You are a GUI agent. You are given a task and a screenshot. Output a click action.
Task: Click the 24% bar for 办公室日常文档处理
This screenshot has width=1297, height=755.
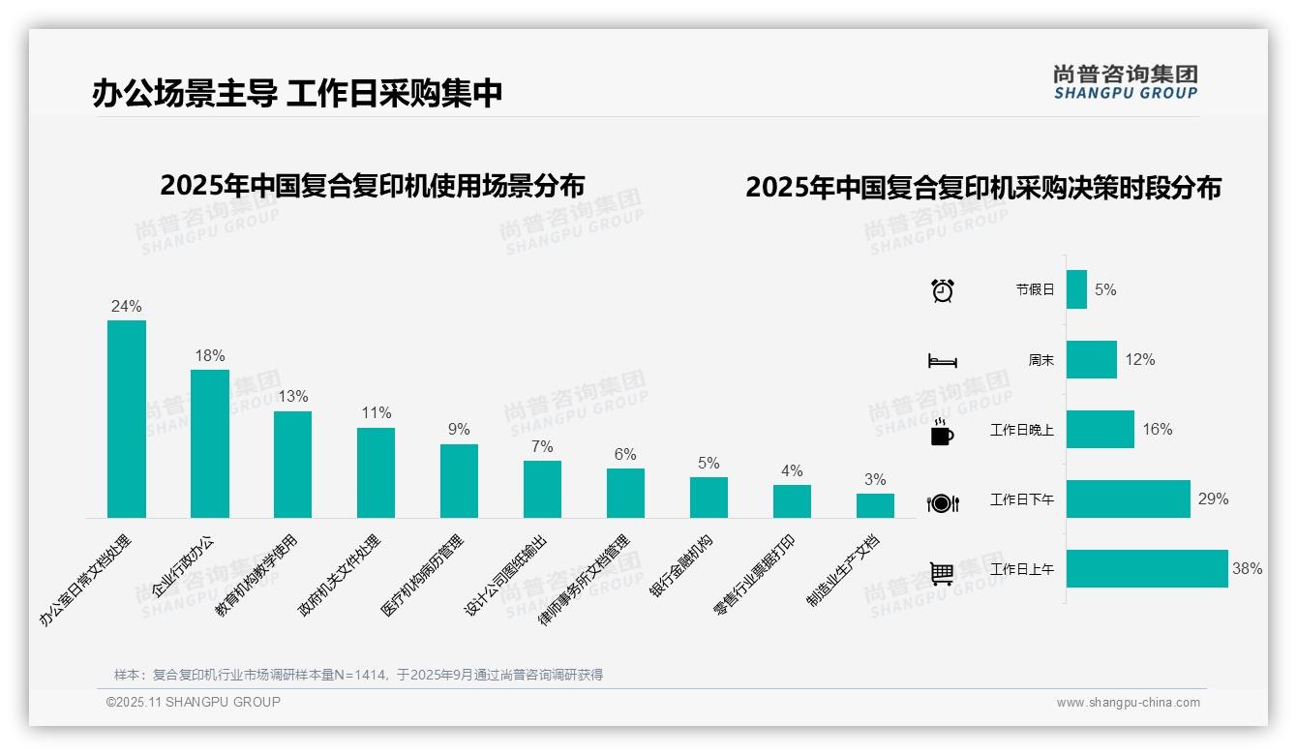point(127,419)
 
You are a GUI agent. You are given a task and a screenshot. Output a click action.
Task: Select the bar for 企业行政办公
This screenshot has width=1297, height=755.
point(210,443)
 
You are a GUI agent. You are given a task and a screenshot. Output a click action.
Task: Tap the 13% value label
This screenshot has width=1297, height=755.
point(293,396)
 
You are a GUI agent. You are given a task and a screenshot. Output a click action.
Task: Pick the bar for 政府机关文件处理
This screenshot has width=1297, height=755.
point(376,472)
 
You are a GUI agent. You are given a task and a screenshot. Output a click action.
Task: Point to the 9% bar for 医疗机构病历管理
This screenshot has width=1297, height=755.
point(459,481)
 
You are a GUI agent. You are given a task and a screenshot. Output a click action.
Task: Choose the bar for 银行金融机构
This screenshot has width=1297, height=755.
point(709,498)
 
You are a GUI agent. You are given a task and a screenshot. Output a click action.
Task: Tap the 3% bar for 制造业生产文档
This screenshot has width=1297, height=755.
point(875,505)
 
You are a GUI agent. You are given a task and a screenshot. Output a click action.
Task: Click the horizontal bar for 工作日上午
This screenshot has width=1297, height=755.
point(1147,569)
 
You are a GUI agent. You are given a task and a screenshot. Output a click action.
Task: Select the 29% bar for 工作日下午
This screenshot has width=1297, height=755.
point(1128,499)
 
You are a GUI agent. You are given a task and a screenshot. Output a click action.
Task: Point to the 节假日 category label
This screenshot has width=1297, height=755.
point(1035,289)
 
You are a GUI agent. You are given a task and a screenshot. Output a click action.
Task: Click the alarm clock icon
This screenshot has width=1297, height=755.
point(943,290)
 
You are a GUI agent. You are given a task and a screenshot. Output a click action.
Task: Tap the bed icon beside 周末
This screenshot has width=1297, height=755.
point(943,361)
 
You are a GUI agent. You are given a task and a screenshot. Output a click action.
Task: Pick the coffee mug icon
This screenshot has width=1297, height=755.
point(942,432)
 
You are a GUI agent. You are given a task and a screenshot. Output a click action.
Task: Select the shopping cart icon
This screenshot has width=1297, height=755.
point(942,573)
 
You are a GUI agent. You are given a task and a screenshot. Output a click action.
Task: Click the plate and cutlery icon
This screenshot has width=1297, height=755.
point(943,503)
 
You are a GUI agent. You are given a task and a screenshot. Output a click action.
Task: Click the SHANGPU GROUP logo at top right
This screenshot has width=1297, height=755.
point(1126,82)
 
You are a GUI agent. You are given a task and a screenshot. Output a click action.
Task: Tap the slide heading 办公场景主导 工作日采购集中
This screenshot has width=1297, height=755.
point(297,93)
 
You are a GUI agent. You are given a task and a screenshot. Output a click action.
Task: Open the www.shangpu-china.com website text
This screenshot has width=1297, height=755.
point(1128,703)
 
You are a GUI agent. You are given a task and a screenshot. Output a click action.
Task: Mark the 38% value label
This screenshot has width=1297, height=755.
point(1247,569)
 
